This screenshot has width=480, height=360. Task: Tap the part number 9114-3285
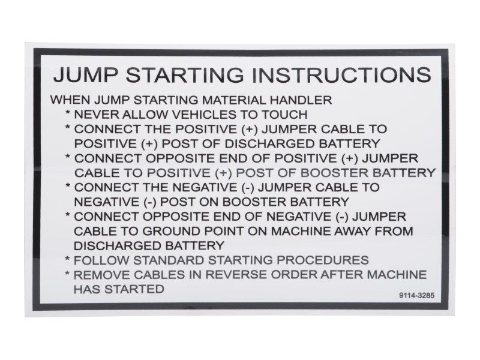click(x=415, y=296)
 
